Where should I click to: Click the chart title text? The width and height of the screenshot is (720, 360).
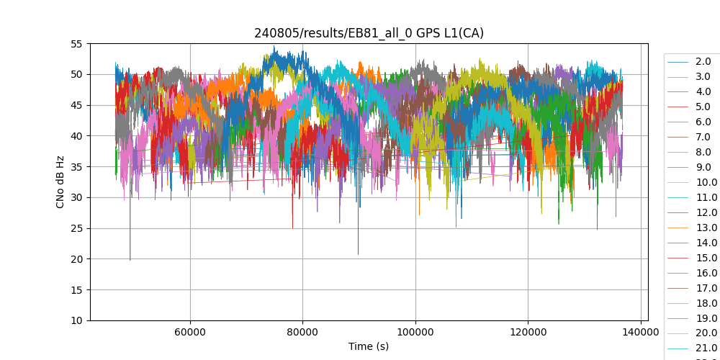pyautogui.click(x=369, y=33)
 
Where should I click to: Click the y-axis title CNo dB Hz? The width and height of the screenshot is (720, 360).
pyautogui.click(x=60, y=182)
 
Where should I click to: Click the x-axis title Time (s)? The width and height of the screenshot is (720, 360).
pyautogui.click(x=369, y=346)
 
